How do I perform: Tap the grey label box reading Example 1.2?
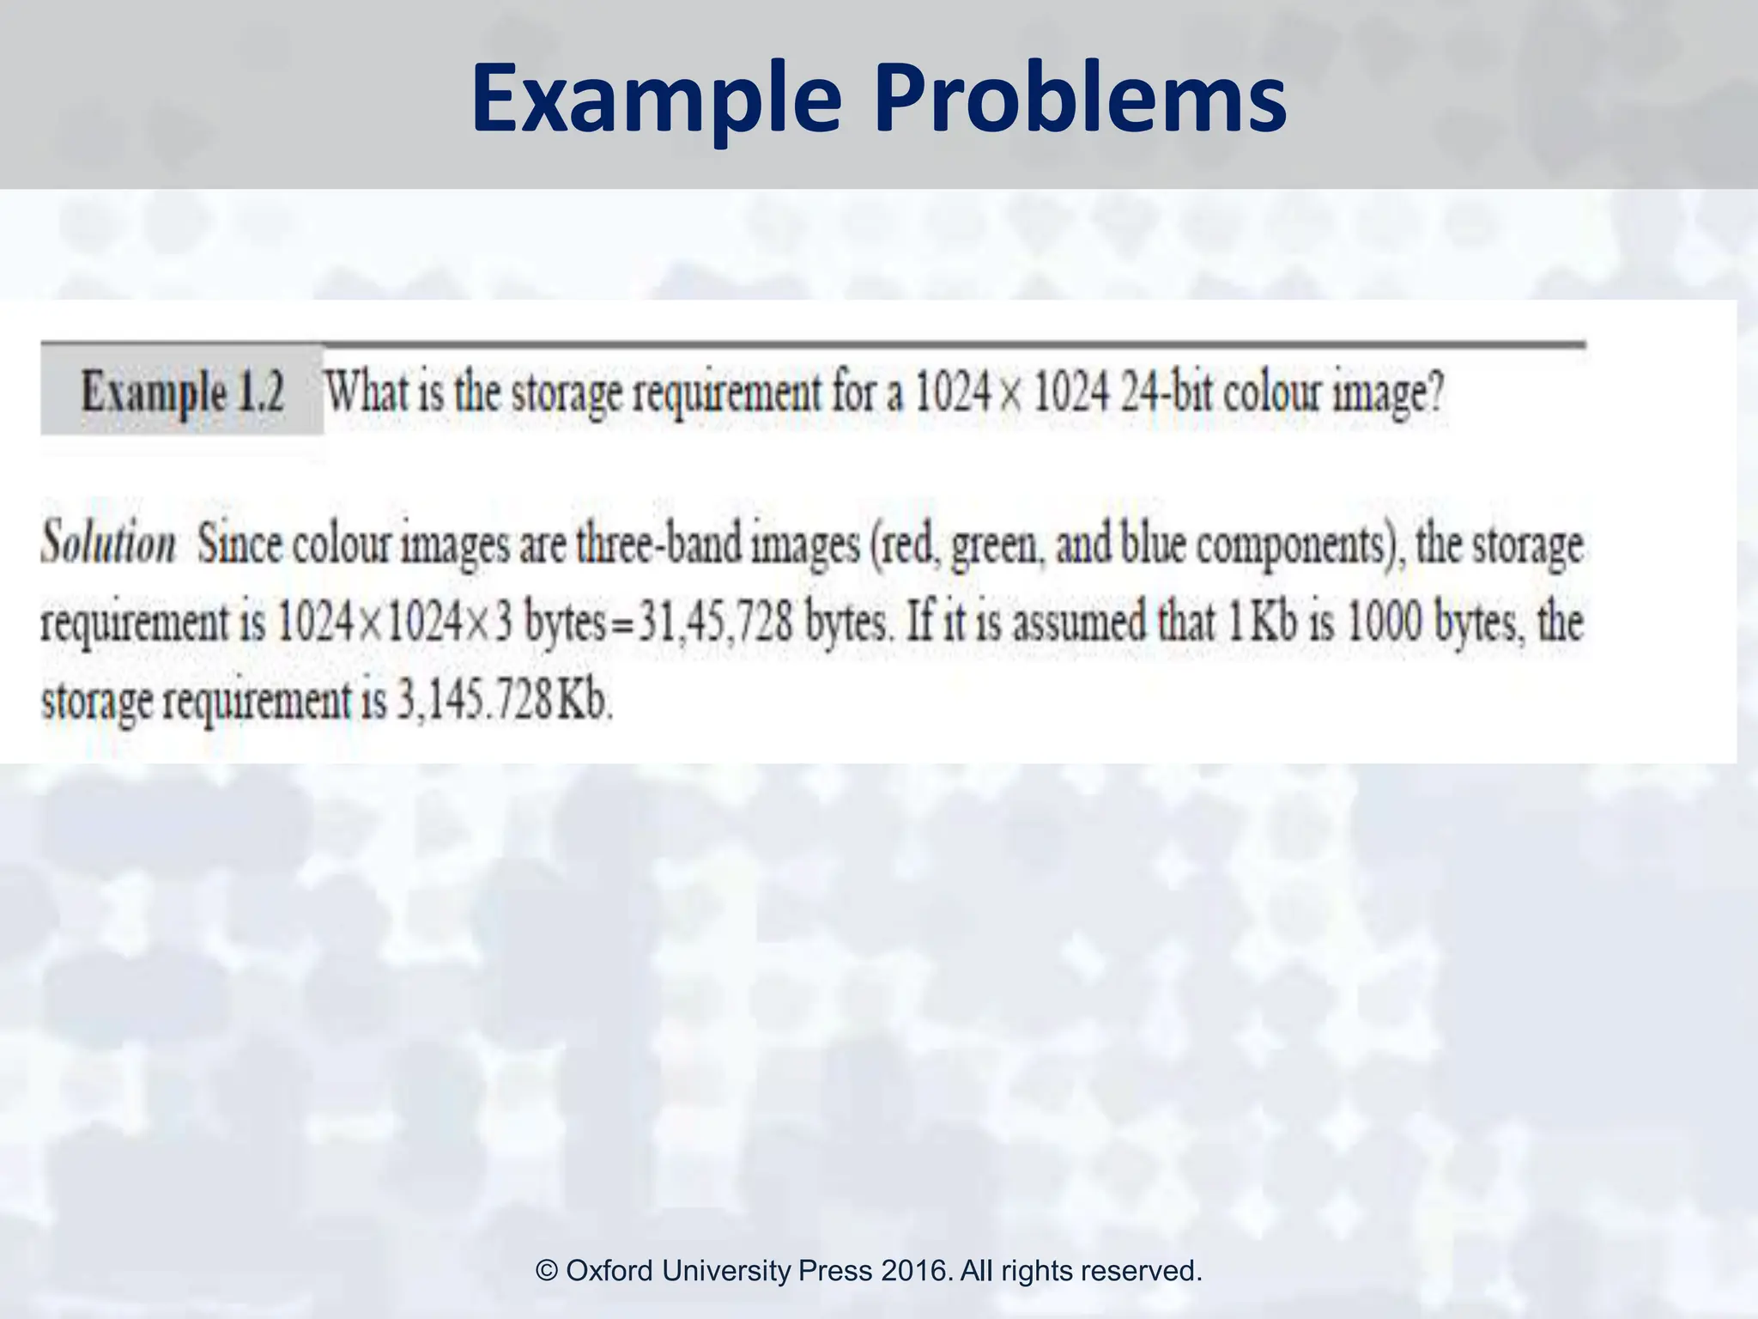[182, 392]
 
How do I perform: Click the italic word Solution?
[108, 544]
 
